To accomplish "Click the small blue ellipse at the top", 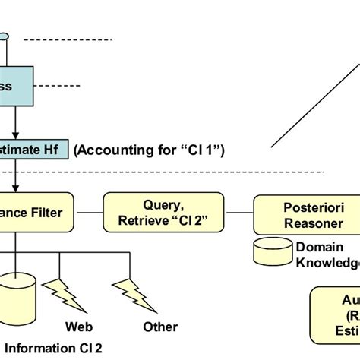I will click(x=4, y=36).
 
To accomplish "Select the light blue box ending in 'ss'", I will click(x=16, y=88).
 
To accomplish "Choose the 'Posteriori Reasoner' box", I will click(x=304, y=213).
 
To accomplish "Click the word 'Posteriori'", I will click(x=305, y=207).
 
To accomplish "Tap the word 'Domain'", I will click(x=319, y=247).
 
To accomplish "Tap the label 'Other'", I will click(x=160, y=327).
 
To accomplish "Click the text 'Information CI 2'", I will click(x=53, y=349).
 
